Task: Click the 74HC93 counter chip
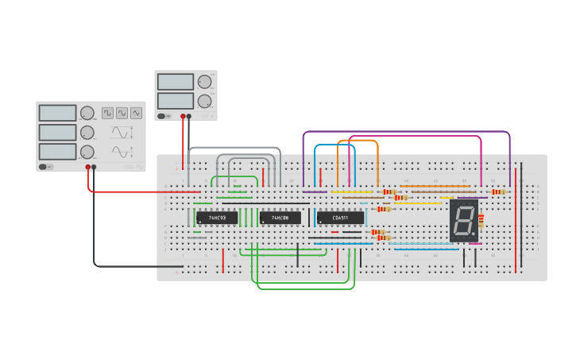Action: pos(217,218)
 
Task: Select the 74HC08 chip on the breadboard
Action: pos(280,218)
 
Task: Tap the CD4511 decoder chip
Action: pos(340,218)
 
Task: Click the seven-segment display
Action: pos(464,221)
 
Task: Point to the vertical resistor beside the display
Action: pos(481,220)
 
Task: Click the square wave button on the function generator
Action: pos(107,114)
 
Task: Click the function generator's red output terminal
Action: pos(88,167)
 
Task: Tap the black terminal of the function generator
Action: pos(95,167)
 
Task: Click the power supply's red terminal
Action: pos(183,117)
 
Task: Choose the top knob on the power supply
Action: pos(204,82)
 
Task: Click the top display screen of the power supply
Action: pos(176,82)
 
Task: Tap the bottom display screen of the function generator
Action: pos(57,151)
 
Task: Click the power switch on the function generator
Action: pos(44,167)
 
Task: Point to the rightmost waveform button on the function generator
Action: pos(136,114)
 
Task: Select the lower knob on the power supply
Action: pos(204,101)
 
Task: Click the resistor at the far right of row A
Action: pos(498,192)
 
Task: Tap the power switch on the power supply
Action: pos(161,116)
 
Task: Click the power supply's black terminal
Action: pos(189,117)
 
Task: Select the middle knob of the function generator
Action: pos(87,132)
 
